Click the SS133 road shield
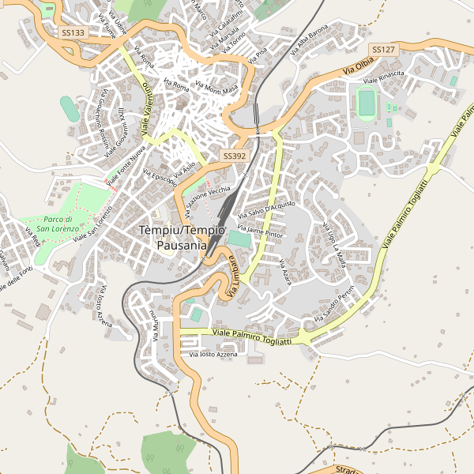click(x=73, y=33)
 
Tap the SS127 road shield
click(x=383, y=50)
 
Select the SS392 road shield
click(x=235, y=156)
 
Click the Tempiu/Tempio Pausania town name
click(x=182, y=237)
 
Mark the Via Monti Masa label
click(x=216, y=89)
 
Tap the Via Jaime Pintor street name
click(x=259, y=232)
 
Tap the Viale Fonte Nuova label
click(x=126, y=165)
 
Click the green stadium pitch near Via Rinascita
click(x=367, y=102)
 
